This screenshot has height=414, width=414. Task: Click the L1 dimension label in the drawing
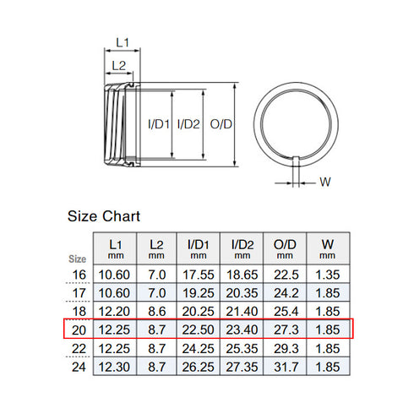pos(122,41)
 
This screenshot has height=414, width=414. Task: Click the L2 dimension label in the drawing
pos(118,65)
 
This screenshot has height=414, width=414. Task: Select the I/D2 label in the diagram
pos(188,124)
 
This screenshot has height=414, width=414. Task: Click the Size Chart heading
pos(104,217)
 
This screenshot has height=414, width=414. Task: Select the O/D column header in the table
pos(285,248)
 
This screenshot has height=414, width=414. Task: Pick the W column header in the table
pos(327,248)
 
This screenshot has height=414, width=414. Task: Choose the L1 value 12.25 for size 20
pos(114,330)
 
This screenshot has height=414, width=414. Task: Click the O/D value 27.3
pos(285,330)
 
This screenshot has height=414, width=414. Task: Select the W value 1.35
pos(327,274)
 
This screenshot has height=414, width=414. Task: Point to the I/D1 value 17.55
pos(199,274)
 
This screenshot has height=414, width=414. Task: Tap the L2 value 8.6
pos(156,311)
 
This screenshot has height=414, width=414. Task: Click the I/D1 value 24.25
pos(199,348)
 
